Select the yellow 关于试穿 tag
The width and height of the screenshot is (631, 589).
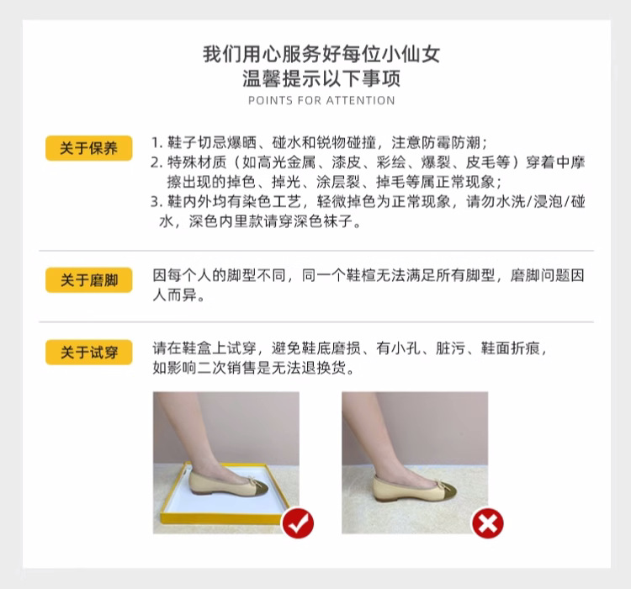click(88, 353)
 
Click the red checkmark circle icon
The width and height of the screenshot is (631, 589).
click(297, 523)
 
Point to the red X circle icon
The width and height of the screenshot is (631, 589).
click(487, 523)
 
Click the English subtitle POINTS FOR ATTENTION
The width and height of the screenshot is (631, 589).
click(321, 100)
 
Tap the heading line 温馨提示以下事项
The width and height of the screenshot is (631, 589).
click(321, 79)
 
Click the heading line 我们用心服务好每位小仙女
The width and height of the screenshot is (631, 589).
click(321, 55)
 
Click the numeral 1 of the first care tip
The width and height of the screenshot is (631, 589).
click(156, 142)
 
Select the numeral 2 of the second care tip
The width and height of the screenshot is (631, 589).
click(156, 162)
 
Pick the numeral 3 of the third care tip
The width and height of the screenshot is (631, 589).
click(156, 203)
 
